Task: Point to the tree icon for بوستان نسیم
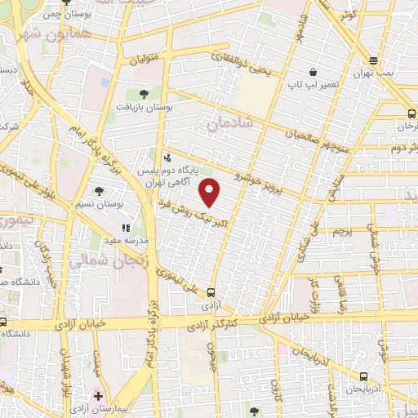(99, 191)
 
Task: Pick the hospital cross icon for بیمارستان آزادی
(99, 396)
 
